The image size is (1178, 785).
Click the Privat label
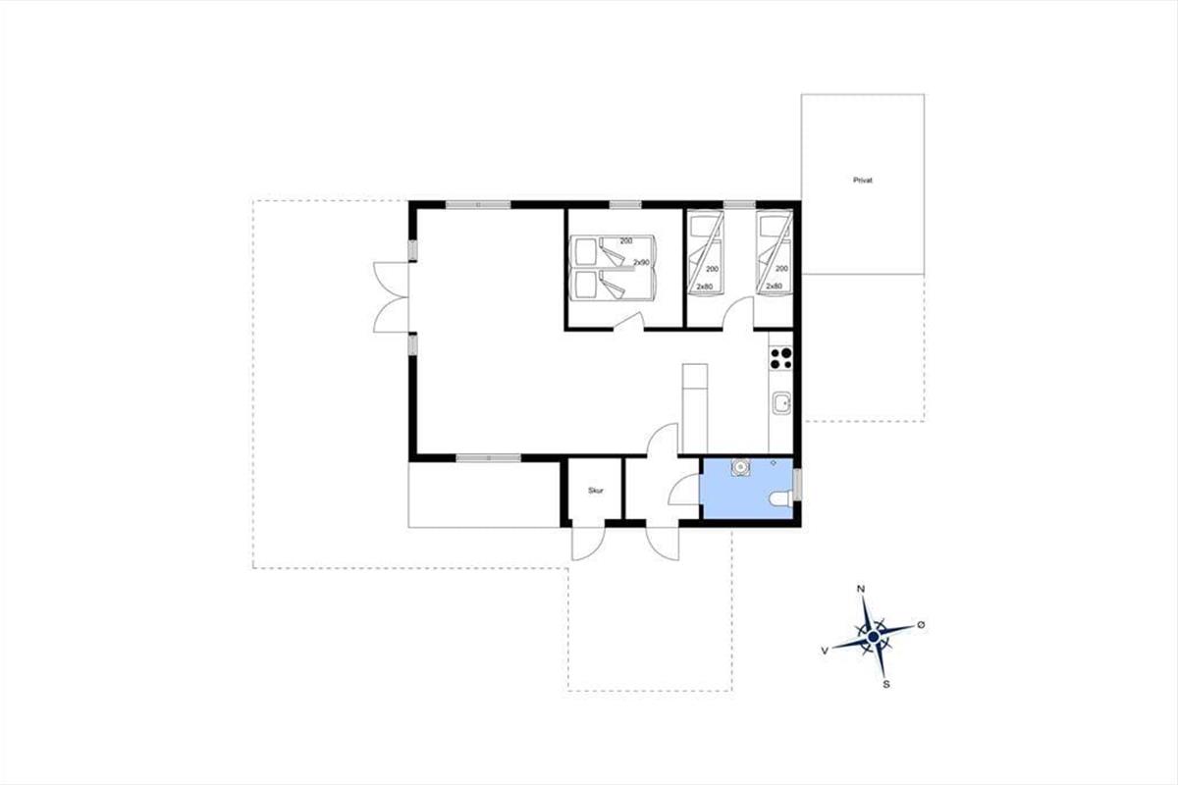(x=863, y=180)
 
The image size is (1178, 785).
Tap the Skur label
(x=596, y=491)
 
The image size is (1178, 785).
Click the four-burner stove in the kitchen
(x=781, y=358)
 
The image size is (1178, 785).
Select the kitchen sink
(x=781, y=404)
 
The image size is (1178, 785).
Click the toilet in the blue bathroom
(x=780, y=498)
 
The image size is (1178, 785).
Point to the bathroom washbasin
(x=740, y=467)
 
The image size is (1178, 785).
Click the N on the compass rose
(x=862, y=589)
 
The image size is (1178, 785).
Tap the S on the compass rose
(x=886, y=685)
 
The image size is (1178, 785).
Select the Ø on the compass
(x=921, y=625)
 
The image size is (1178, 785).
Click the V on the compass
(x=825, y=651)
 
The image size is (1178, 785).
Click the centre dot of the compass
(x=874, y=637)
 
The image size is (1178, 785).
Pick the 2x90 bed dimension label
(x=641, y=262)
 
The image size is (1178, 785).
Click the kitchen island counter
(x=695, y=408)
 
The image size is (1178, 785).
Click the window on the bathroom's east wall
(x=797, y=484)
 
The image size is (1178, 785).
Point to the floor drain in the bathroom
(x=774, y=463)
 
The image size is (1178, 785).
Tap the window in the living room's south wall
(x=489, y=458)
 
